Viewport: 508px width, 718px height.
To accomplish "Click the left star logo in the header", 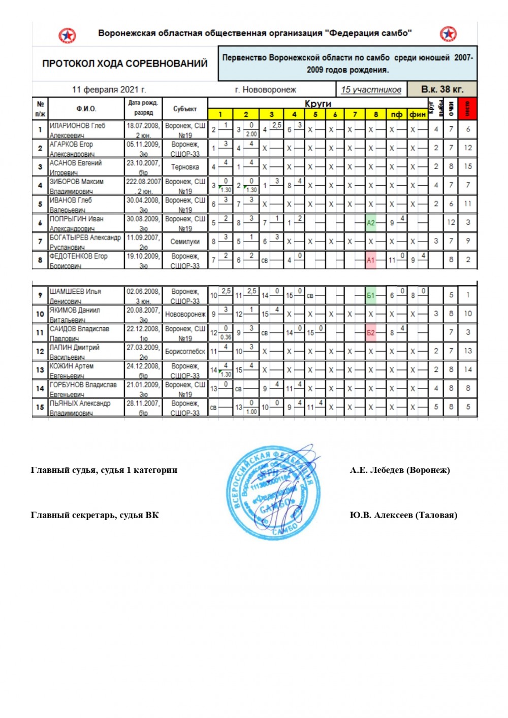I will (67, 36).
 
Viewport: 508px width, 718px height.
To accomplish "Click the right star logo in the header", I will (448, 34).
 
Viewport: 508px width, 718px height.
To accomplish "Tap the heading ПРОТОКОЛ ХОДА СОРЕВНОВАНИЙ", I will (124, 63).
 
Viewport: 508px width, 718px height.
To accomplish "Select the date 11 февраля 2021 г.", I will (109, 89).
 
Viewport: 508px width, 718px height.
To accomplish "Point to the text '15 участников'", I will (371, 89).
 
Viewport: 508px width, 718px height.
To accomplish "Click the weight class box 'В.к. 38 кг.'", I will (442, 89).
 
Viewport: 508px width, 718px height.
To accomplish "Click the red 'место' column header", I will (467, 109).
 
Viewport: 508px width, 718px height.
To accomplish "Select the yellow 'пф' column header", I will (396, 114).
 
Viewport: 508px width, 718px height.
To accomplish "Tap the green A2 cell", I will (371, 222).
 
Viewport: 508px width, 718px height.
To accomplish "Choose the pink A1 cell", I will (371, 260).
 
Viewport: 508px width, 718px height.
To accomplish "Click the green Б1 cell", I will (371, 295).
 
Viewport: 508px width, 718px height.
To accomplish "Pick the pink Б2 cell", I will (371, 333).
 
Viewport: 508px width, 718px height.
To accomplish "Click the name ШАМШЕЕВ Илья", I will (75, 292).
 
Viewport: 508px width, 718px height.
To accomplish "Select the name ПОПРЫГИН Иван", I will (76, 219).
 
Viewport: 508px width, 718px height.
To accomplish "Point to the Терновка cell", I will (185, 167).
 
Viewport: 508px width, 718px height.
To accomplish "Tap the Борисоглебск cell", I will (185, 351).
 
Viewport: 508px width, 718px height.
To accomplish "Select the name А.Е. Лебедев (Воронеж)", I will (399, 470).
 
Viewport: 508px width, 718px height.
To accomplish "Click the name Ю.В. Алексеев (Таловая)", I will (403, 515).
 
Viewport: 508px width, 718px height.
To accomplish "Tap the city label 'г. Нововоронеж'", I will (265, 89).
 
